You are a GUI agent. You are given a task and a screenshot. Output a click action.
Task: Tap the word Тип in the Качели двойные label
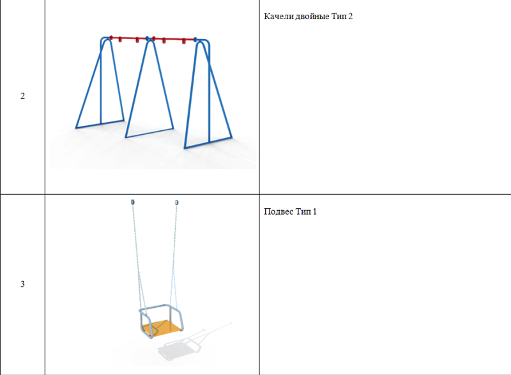[339, 16]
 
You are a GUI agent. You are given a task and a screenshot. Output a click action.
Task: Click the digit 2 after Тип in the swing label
[350, 16]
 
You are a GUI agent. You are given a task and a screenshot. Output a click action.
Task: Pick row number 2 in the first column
[22, 96]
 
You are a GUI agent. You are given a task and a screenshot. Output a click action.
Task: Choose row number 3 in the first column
[22, 284]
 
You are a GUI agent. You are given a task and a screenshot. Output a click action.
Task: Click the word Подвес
[279, 211]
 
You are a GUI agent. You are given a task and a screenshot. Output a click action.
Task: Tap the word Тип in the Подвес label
[303, 211]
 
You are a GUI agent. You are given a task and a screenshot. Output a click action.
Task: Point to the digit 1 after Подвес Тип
[314, 211]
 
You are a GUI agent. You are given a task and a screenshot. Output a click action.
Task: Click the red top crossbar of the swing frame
[153, 39]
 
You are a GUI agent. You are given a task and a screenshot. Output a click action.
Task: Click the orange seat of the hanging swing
[162, 328]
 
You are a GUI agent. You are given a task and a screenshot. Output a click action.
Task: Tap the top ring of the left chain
[133, 203]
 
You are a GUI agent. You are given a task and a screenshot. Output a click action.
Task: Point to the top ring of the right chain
[177, 203]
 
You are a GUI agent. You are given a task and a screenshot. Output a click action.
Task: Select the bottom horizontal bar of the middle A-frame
[149, 133]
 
